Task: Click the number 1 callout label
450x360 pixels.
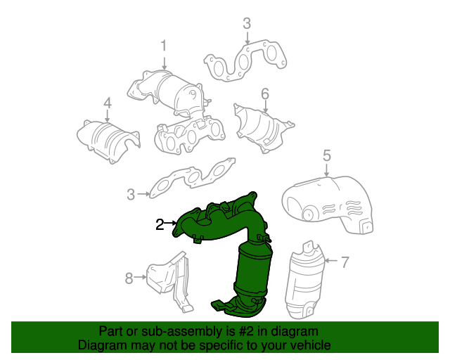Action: [164, 46]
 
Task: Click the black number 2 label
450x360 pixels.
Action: [160, 224]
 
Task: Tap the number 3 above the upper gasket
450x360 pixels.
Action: [247, 23]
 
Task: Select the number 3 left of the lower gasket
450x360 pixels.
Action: [131, 195]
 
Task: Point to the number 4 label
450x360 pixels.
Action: [108, 103]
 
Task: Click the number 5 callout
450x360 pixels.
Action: [327, 155]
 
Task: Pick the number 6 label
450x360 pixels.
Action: [265, 94]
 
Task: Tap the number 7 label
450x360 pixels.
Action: [345, 262]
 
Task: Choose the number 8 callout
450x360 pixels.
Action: [129, 278]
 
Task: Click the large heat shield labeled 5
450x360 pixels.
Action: [328, 205]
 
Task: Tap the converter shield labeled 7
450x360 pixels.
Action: [304, 281]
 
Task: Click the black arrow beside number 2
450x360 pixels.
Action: [171, 223]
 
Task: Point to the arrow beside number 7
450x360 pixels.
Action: [332, 261]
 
